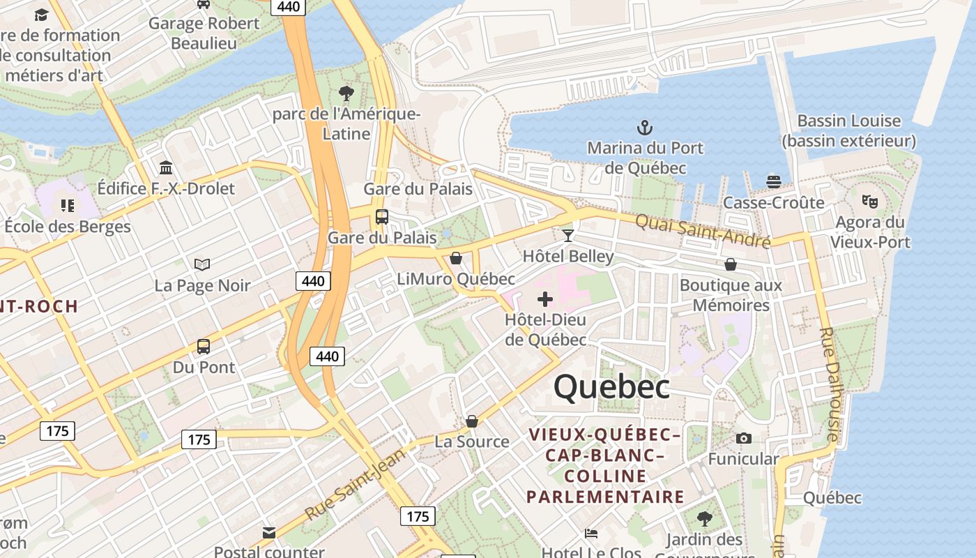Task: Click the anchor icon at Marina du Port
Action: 645,128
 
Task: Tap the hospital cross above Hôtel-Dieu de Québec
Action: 545,300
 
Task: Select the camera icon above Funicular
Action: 744,438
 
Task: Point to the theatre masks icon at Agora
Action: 869,202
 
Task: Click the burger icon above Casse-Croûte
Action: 773,181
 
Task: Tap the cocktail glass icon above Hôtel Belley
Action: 568,236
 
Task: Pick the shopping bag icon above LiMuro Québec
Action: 456,258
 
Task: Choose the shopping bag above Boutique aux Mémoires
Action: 731,264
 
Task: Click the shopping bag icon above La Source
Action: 472,421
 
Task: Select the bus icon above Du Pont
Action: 204,346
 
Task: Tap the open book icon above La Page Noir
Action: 202,264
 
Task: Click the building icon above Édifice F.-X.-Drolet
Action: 166,168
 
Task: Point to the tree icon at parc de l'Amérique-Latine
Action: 346,93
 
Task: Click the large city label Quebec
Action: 612,387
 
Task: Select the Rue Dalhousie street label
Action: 828,384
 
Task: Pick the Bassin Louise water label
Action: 848,130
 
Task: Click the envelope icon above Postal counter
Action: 269,534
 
